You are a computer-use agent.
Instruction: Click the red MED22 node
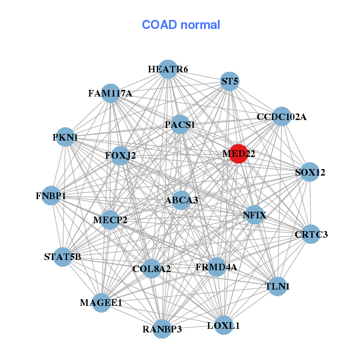238,154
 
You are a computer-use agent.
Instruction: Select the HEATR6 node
168,69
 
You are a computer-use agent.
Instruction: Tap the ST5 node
229,81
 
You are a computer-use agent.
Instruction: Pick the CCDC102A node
281,116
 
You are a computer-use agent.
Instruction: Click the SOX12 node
310,172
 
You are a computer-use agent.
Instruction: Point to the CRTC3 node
311,234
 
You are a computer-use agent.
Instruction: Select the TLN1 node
278,286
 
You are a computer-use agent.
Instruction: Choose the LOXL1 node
223,325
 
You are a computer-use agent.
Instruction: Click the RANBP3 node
162,329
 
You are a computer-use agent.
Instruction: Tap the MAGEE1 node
101,302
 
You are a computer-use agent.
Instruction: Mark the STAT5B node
63,257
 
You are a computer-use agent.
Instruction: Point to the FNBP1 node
51,196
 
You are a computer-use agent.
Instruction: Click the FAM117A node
110,94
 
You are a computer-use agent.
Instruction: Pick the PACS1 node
180,125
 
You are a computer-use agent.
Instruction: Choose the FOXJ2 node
121,156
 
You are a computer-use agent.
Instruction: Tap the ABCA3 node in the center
182,200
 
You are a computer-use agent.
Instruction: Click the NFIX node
255,215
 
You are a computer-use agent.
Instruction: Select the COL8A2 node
151,268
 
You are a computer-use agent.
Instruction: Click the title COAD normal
181,25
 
